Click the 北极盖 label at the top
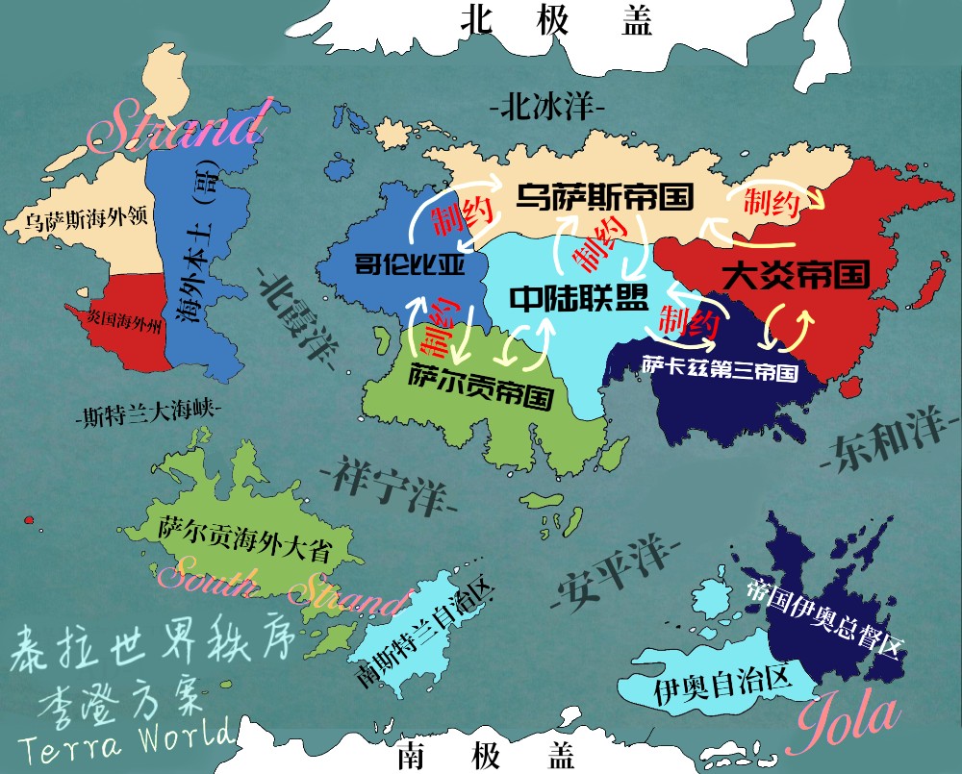[x=557, y=21]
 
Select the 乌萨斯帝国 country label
[x=604, y=198]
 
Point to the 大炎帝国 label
[x=795, y=275]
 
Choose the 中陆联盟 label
[x=578, y=298]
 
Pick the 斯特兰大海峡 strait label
[x=147, y=415]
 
